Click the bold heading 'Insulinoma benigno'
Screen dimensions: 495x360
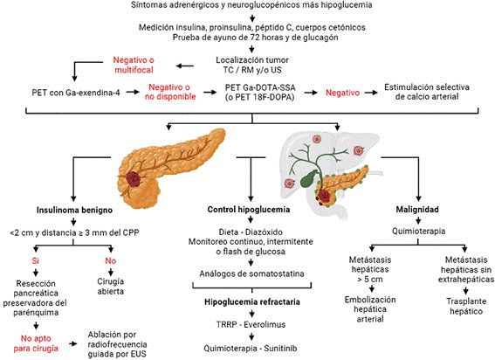74,211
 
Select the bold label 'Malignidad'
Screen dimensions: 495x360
417,210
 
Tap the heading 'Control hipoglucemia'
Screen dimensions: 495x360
249,210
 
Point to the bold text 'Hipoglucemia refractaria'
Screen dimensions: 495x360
252,301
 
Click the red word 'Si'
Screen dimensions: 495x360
35,261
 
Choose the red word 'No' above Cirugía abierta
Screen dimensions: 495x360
111,261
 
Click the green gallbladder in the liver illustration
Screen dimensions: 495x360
309,178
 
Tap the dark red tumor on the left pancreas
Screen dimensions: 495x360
134,179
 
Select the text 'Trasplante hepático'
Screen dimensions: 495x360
466,307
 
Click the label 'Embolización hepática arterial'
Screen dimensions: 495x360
370,309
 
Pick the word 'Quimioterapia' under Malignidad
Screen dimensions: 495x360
418,231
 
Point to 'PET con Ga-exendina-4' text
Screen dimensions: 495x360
76,93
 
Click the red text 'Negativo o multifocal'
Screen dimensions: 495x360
134,65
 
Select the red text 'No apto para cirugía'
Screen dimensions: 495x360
36,343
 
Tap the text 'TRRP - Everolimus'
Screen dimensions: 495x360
251,324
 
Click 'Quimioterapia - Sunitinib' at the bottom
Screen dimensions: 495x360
251,349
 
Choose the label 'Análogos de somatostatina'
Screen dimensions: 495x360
251,273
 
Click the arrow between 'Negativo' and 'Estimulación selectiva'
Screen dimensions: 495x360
371,93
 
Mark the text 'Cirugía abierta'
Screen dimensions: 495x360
111,287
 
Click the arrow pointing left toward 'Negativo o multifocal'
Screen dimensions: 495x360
185,66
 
